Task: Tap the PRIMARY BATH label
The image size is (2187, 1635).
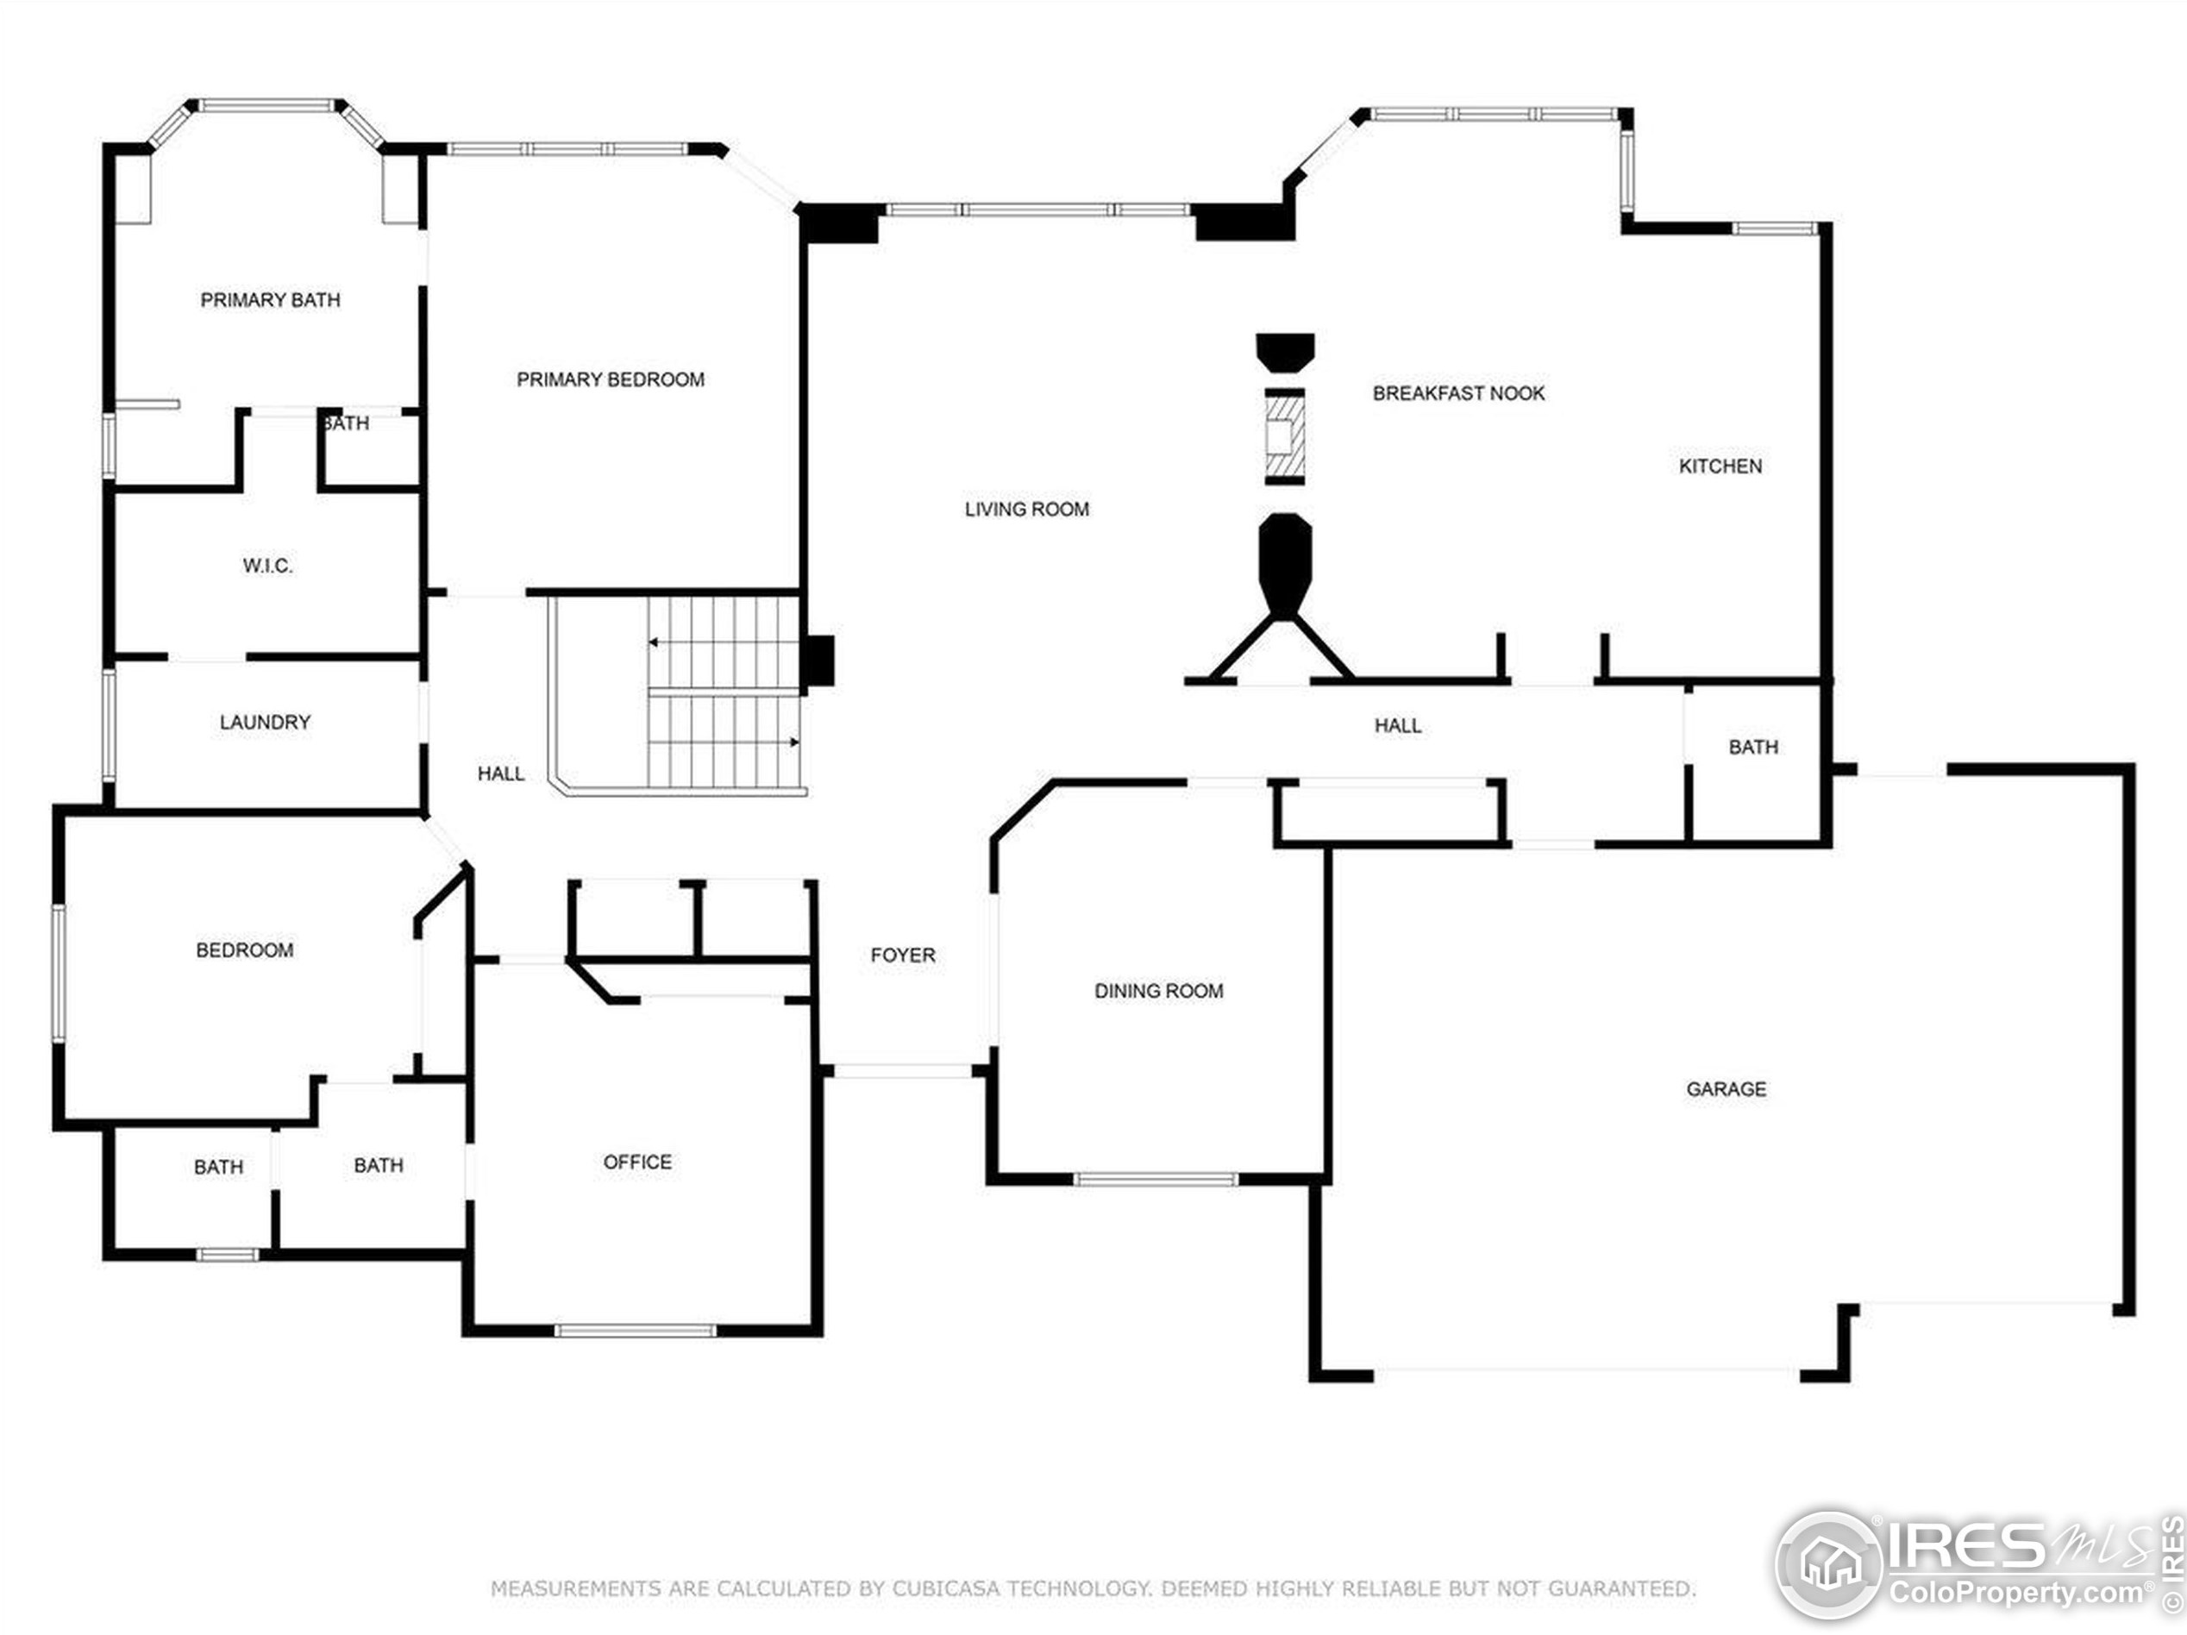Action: click(x=270, y=299)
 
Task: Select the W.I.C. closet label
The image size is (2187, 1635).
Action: click(x=267, y=566)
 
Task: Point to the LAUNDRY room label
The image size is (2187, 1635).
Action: click(x=265, y=722)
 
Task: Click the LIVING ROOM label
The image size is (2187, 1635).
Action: click(x=1027, y=509)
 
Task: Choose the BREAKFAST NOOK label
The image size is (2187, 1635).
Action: click(x=1458, y=393)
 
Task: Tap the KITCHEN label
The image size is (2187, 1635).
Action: click(x=1720, y=466)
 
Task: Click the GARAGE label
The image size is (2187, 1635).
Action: click(x=1726, y=1088)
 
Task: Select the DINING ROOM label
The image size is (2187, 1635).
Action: click(x=1159, y=991)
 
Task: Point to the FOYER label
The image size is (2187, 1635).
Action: click(x=903, y=955)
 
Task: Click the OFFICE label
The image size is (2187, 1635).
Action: click(x=637, y=1162)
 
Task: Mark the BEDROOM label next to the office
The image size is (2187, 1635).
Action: click(x=244, y=950)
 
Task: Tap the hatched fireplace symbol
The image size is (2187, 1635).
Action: click(x=1285, y=436)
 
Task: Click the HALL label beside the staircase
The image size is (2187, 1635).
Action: click(x=501, y=773)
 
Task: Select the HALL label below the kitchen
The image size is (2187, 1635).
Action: click(x=1398, y=725)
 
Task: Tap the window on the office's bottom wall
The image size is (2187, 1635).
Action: click(x=635, y=1331)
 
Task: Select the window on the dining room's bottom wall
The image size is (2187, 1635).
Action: click(x=1155, y=1180)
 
